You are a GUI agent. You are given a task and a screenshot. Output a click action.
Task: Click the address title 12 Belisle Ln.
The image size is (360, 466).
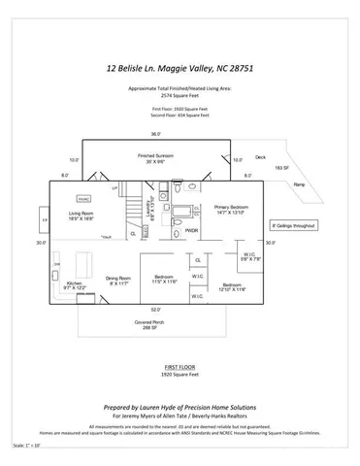tap(179, 69)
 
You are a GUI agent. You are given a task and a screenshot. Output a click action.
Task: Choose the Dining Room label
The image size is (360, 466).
tap(118, 280)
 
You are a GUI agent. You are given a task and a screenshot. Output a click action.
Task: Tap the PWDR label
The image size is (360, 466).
tap(192, 230)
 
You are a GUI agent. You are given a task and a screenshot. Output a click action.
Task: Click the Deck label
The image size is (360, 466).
tap(260, 156)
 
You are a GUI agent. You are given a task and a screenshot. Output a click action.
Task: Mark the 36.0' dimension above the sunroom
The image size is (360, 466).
tap(155, 134)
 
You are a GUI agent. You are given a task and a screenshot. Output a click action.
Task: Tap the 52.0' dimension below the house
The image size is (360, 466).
tap(155, 310)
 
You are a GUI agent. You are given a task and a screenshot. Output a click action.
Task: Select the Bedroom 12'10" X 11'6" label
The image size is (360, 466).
tap(234, 286)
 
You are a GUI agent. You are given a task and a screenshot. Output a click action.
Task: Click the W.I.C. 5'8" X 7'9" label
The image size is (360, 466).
tap(249, 257)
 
